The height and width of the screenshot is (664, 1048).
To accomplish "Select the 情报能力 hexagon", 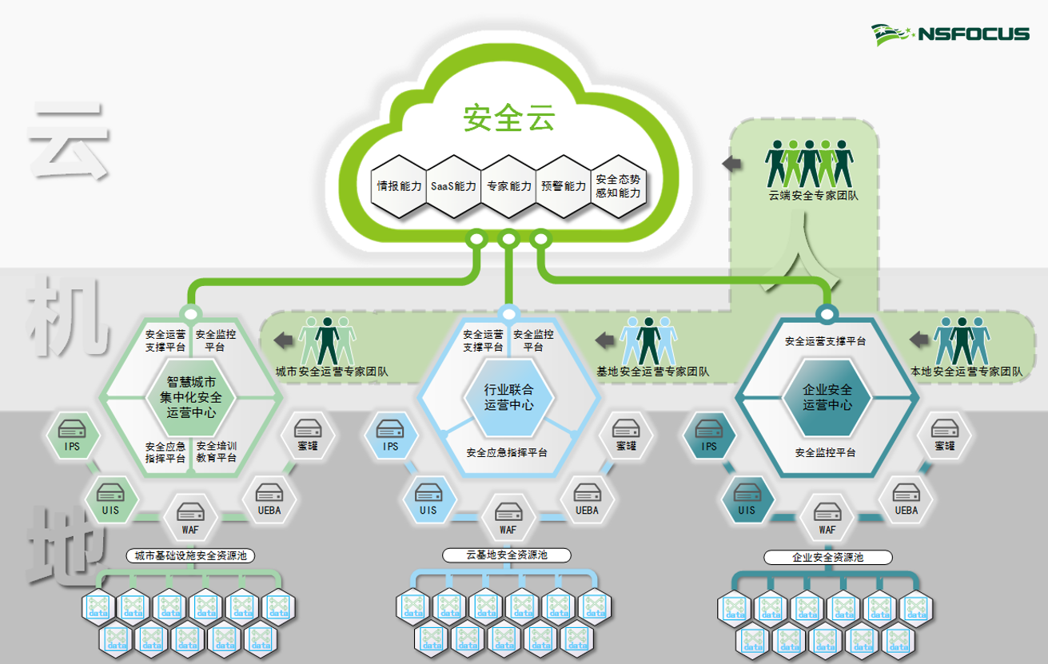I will [400, 186].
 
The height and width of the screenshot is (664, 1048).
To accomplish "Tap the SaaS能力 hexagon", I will [453, 186].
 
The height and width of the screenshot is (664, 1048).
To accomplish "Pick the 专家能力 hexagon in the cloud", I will [508, 186].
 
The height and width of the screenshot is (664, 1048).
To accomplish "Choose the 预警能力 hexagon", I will [564, 186].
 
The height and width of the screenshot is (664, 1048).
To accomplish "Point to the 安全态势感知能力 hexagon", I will [618, 186].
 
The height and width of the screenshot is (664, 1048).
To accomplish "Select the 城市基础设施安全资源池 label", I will [189, 555].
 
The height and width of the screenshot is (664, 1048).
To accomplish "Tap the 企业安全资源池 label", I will [827, 557].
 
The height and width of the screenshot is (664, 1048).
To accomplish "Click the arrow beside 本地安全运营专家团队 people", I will [918, 340].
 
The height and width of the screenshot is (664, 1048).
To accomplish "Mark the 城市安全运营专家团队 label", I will [331, 372].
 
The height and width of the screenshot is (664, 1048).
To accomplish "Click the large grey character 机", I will [68, 317].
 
